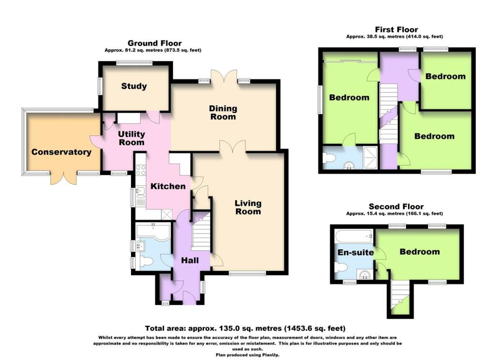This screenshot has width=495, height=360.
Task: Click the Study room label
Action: click(134, 86)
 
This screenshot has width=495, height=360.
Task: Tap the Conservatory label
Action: click(61, 152)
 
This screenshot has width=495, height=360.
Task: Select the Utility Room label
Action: click(131, 138)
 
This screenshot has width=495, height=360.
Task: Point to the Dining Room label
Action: click(222, 113)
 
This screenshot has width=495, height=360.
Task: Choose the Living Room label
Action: click(247, 207)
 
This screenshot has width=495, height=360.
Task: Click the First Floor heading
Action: click(396, 30)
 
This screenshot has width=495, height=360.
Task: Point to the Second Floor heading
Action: click(396, 207)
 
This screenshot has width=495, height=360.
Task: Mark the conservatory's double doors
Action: click(63, 177)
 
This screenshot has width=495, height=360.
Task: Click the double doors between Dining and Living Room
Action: click(233, 147)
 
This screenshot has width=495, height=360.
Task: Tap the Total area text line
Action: click(245, 328)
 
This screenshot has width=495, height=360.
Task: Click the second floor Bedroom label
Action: click(420, 251)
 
